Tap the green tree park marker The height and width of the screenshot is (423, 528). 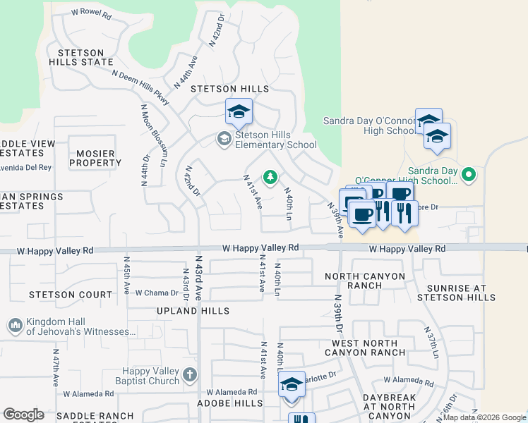pos(270,178)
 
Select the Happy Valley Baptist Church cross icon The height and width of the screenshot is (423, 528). pos(190,376)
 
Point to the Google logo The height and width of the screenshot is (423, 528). pos(23,415)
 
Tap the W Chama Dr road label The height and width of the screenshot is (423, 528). pos(157,293)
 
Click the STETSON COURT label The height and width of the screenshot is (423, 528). pos(71,295)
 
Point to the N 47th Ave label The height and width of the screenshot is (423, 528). pos(56,367)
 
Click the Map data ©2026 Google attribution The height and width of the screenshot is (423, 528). pos(484,417)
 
